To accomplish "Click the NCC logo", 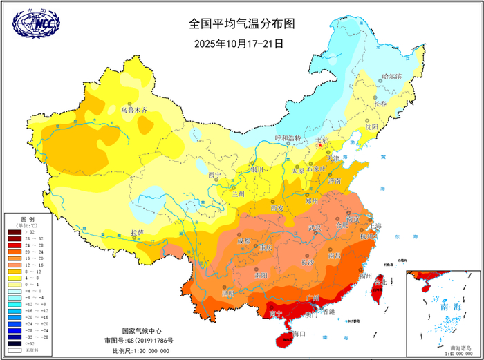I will point(36,24).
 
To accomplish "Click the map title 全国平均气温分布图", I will point(242,23).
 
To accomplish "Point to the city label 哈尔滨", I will point(391,77).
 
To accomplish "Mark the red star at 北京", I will point(319,146).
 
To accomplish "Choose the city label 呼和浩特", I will point(289,138).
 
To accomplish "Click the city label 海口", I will point(299,334).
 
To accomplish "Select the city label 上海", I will point(375,226).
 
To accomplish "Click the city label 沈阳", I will point(371,127).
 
